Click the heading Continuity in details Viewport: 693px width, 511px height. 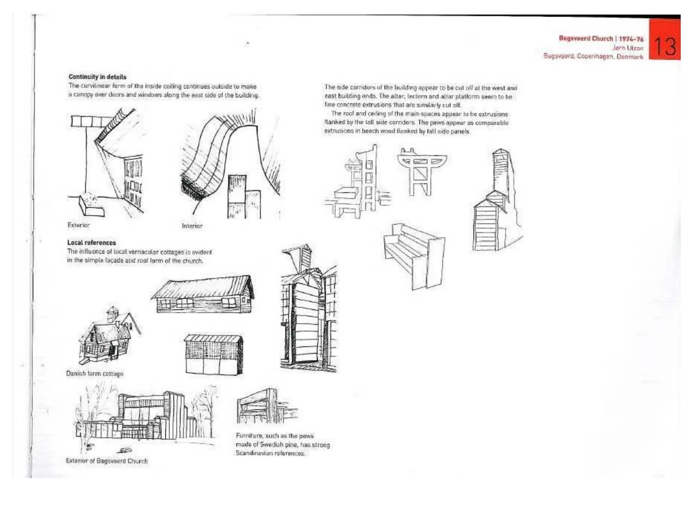coord(97,77)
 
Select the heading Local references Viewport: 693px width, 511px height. coord(91,242)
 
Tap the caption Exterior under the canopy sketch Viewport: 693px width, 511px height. coord(79,225)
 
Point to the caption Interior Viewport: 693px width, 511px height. coord(192,226)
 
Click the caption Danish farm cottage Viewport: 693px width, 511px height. coord(95,374)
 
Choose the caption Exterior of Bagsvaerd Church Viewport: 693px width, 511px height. coord(107,461)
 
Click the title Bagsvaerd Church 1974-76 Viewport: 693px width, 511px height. coord(601,39)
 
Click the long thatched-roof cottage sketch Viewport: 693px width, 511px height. coord(203,294)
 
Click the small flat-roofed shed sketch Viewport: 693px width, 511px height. coord(214,354)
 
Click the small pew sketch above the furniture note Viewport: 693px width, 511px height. coord(266,407)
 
